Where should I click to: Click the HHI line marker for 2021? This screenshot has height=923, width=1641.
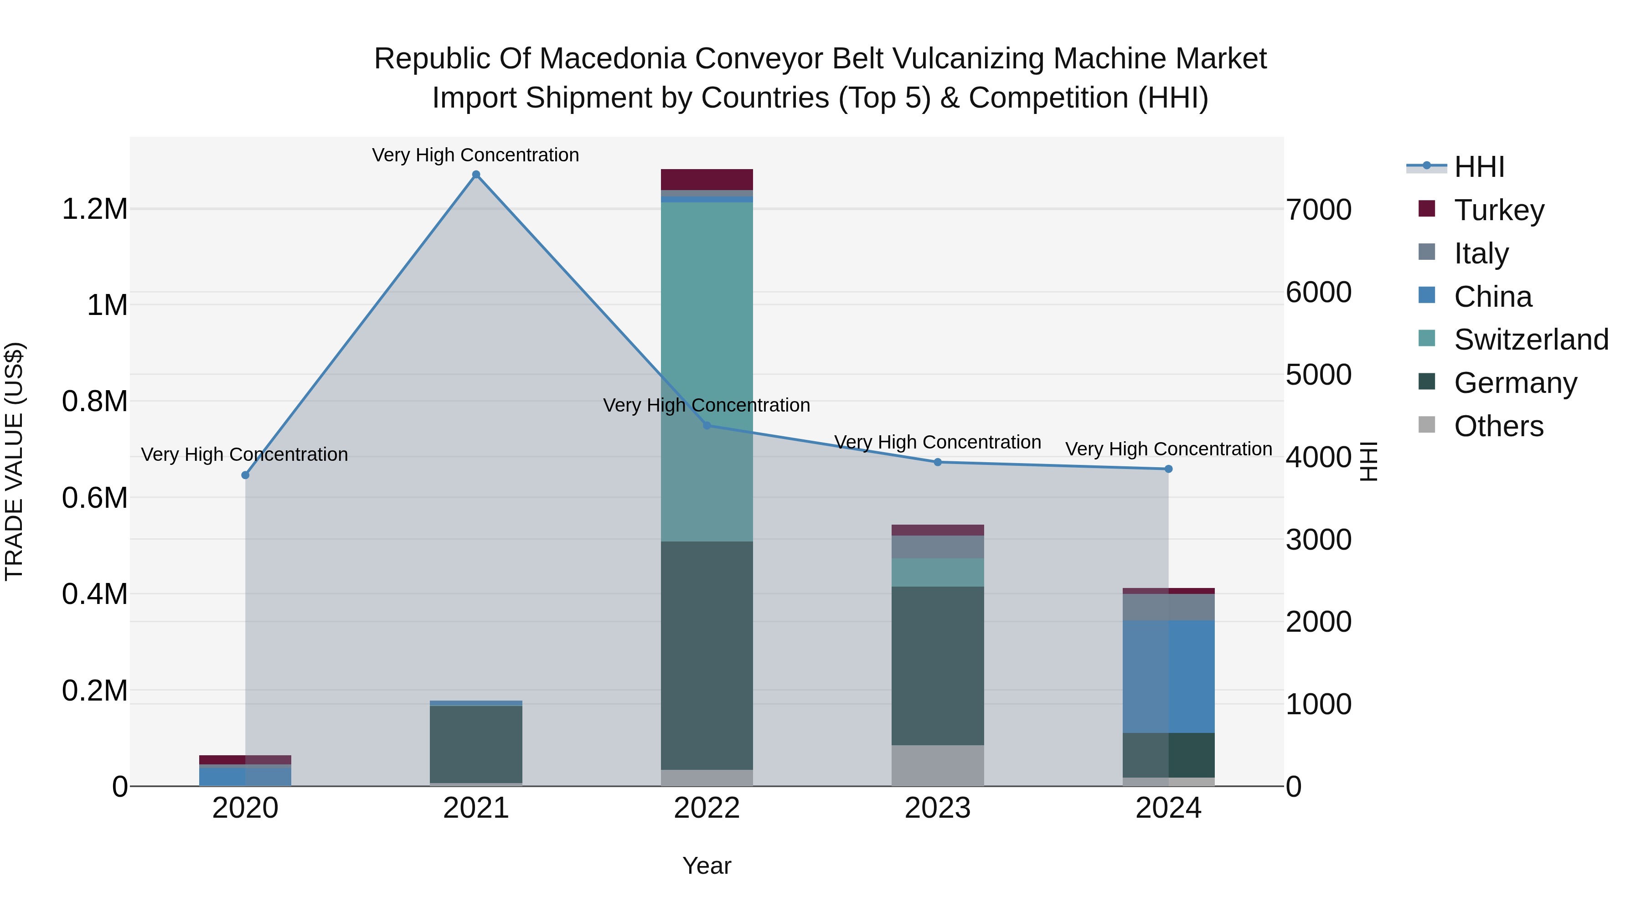476,175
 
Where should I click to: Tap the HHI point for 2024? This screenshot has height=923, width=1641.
1168,469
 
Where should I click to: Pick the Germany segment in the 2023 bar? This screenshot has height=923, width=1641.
937,665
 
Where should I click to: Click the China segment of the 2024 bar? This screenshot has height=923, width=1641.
1168,676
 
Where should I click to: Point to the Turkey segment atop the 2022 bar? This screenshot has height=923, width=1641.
707,179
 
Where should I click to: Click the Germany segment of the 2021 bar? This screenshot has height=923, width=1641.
476,743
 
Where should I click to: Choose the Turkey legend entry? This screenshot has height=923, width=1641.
1499,210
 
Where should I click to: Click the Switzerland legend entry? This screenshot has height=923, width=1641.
1531,340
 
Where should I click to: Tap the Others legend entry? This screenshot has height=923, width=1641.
1498,426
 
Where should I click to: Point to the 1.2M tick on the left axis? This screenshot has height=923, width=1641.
94,209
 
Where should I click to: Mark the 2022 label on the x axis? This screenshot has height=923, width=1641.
707,808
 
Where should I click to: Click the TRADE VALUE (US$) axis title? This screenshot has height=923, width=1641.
14,461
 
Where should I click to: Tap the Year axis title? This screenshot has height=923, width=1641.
707,866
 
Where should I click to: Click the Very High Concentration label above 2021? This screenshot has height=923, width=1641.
475,155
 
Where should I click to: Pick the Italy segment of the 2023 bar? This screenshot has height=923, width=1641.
937,547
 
